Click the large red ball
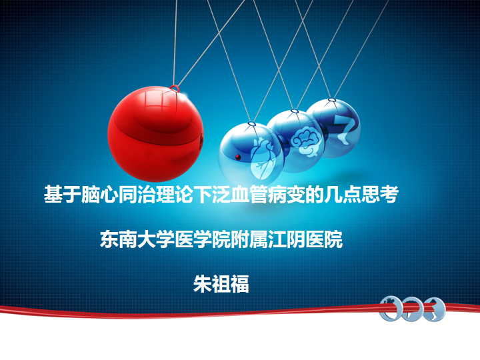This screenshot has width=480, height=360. (155, 134)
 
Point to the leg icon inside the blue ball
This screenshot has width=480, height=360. (345, 129)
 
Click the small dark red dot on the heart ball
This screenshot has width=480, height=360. (238, 157)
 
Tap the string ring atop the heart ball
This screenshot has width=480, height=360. (251, 124)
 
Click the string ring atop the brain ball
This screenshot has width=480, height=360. (295, 111)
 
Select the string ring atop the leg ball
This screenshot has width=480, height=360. (331, 99)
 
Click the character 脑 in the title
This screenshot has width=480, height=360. (91, 194)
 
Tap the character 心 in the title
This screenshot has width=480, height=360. (109, 194)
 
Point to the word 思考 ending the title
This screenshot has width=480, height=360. (380, 194)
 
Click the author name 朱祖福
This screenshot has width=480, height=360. (221, 284)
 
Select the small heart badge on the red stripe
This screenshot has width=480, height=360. (391, 308)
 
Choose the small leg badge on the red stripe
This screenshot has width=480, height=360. (434, 309)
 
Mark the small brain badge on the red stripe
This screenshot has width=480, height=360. (413, 309)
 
